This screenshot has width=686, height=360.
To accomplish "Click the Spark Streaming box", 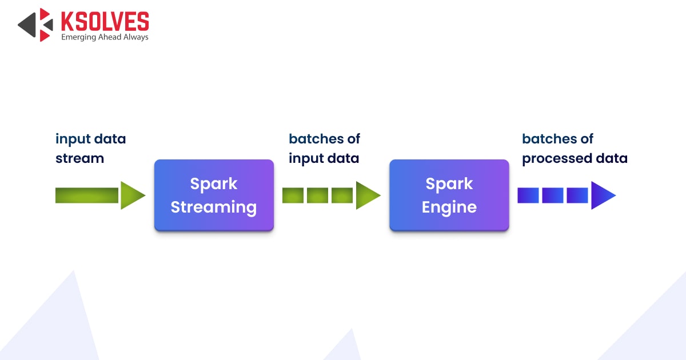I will click(x=214, y=195).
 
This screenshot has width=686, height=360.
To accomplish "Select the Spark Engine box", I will click(x=449, y=195).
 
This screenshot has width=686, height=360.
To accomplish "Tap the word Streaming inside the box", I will click(x=214, y=207).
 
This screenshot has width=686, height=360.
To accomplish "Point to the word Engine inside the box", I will click(x=449, y=207).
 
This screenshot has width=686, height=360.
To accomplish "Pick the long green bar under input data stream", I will click(x=87, y=195).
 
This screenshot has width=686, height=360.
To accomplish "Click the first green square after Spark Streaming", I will click(x=293, y=195).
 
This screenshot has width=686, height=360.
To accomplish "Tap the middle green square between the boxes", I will click(x=317, y=195).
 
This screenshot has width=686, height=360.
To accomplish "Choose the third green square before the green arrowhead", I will click(x=342, y=195).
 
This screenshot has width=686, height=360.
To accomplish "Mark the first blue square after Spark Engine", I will click(x=528, y=195).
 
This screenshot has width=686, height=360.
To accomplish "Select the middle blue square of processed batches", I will click(x=553, y=195).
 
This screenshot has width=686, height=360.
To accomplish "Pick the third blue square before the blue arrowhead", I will click(x=577, y=195).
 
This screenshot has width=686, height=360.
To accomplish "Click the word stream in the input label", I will click(x=80, y=158).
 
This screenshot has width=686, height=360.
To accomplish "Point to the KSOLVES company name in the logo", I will click(x=105, y=22).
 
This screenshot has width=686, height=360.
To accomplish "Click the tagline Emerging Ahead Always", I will click(x=105, y=37).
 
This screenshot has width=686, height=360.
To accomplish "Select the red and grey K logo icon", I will click(x=35, y=25).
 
